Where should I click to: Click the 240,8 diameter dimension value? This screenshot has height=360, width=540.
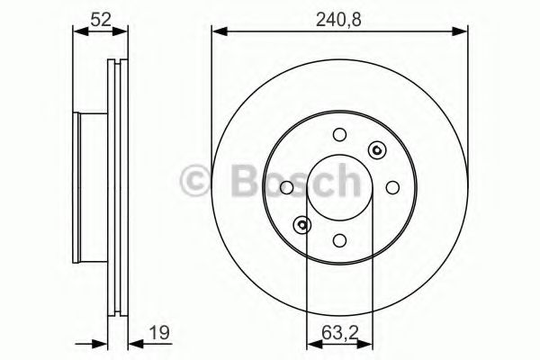(341, 16)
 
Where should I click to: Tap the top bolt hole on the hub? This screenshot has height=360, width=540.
(339, 136)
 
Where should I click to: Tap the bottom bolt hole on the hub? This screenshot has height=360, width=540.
(339, 239)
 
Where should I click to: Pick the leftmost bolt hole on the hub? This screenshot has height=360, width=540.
(287, 187)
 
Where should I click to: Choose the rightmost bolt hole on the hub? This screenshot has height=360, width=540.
(392, 187)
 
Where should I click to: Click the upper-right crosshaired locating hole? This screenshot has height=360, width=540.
(376, 150)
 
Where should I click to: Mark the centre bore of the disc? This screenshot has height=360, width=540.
(339, 187)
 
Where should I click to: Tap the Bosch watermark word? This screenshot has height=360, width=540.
(289, 182)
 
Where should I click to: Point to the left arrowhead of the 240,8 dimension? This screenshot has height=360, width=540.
(217, 32)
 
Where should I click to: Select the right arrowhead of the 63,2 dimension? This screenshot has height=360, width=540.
(368, 343)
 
